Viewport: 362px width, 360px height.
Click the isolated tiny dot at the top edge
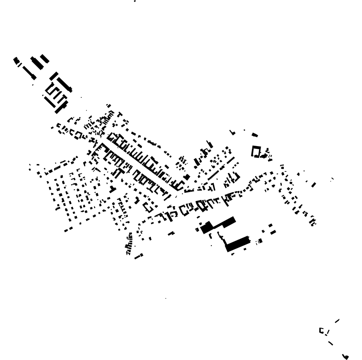(x=135, y=1)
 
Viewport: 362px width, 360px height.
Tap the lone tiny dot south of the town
(x=166, y=298)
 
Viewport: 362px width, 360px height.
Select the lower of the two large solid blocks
(x=237, y=244)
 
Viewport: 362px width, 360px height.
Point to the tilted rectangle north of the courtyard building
(x=255, y=135)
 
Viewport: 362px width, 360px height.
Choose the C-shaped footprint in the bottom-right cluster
(x=322, y=331)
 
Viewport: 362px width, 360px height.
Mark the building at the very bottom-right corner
(x=345, y=356)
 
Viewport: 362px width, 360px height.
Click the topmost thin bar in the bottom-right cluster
(x=337, y=321)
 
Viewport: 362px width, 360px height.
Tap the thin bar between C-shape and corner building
(x=330, y=343)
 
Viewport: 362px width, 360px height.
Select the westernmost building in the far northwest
(x=16, y=60)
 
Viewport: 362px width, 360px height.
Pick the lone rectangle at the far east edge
(x=314, y=185)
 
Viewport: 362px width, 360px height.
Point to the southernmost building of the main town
(x=139, y=256)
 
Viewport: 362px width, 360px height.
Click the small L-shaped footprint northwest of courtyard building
(x=232, y=133)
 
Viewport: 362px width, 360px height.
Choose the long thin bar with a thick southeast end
(x=29, y=73)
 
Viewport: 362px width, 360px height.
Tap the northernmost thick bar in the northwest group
(x=45, y=58)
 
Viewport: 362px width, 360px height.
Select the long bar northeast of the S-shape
(x=65, y=85)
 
